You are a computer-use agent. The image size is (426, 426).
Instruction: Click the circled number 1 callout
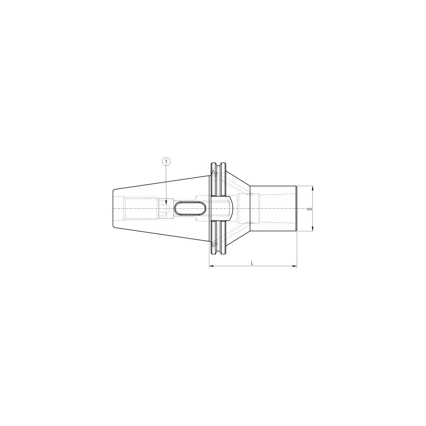click(166, 161)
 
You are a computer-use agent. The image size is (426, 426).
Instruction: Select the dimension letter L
click(252, 263)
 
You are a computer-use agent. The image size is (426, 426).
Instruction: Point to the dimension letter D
click(308, 209)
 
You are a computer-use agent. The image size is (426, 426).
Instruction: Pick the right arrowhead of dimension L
click(294, 266)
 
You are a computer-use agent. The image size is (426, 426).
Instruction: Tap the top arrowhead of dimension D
click(313, 189)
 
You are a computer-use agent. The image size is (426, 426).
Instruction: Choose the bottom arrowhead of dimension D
click(313, 228)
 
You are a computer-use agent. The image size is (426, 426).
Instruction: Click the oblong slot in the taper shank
click(190, 209)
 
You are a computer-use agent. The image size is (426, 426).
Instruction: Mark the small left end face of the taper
click(113, 208)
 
